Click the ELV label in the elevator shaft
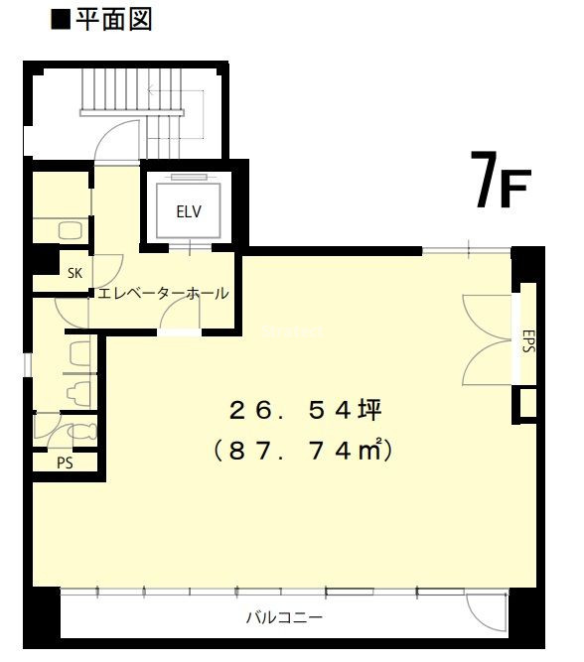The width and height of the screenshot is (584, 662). [x=189, y=211]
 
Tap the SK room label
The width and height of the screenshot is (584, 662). [x=75, y=273]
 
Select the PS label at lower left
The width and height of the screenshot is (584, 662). [x=65, y=463]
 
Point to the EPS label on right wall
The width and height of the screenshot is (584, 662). [x=528, y=340]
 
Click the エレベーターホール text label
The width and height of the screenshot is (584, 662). [x=163, y=293]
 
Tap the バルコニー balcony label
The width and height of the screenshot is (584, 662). [x=284, y=618]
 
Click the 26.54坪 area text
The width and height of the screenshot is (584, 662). [x=306, y=410]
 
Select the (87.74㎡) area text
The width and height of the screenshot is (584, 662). [x=303, y=451]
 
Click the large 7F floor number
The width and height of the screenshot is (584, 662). [x=500, y=180]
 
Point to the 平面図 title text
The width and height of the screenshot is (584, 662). [x=113, y=20]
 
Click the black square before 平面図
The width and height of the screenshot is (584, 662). [x=60, y=21]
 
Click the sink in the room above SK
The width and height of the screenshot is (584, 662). [x=70, y=230]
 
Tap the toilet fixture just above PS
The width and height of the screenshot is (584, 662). [x=82, y=433]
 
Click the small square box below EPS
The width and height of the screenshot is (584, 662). [x=527, y=403]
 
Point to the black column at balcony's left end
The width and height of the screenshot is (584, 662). [x=42, y=617]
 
